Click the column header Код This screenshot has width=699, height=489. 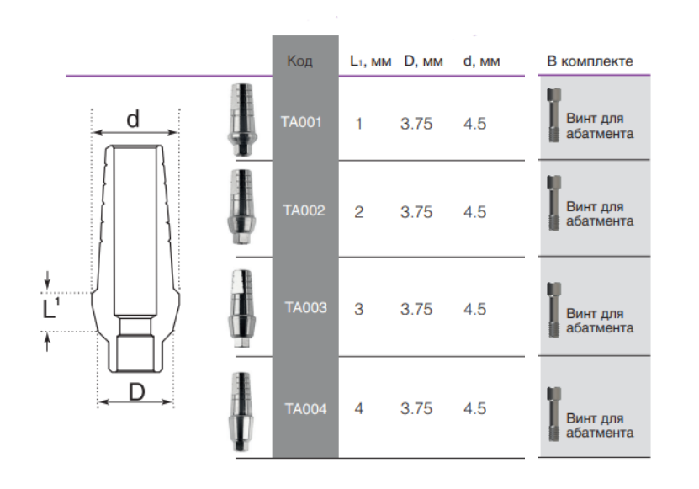tap(299, 61)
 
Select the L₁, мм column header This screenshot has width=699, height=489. tap(370, 61)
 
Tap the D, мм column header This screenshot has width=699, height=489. tap(423, 61)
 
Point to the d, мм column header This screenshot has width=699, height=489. tap(481, 61)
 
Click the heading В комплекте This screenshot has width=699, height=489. tap(590, 61)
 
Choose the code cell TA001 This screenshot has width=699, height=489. tap(301, 122)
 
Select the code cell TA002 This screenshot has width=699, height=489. tap(304, 210)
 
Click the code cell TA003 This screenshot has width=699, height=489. tap(306, 307)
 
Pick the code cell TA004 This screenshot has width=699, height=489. tap(306, 409)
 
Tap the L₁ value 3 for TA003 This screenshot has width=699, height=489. tap(359, 309)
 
